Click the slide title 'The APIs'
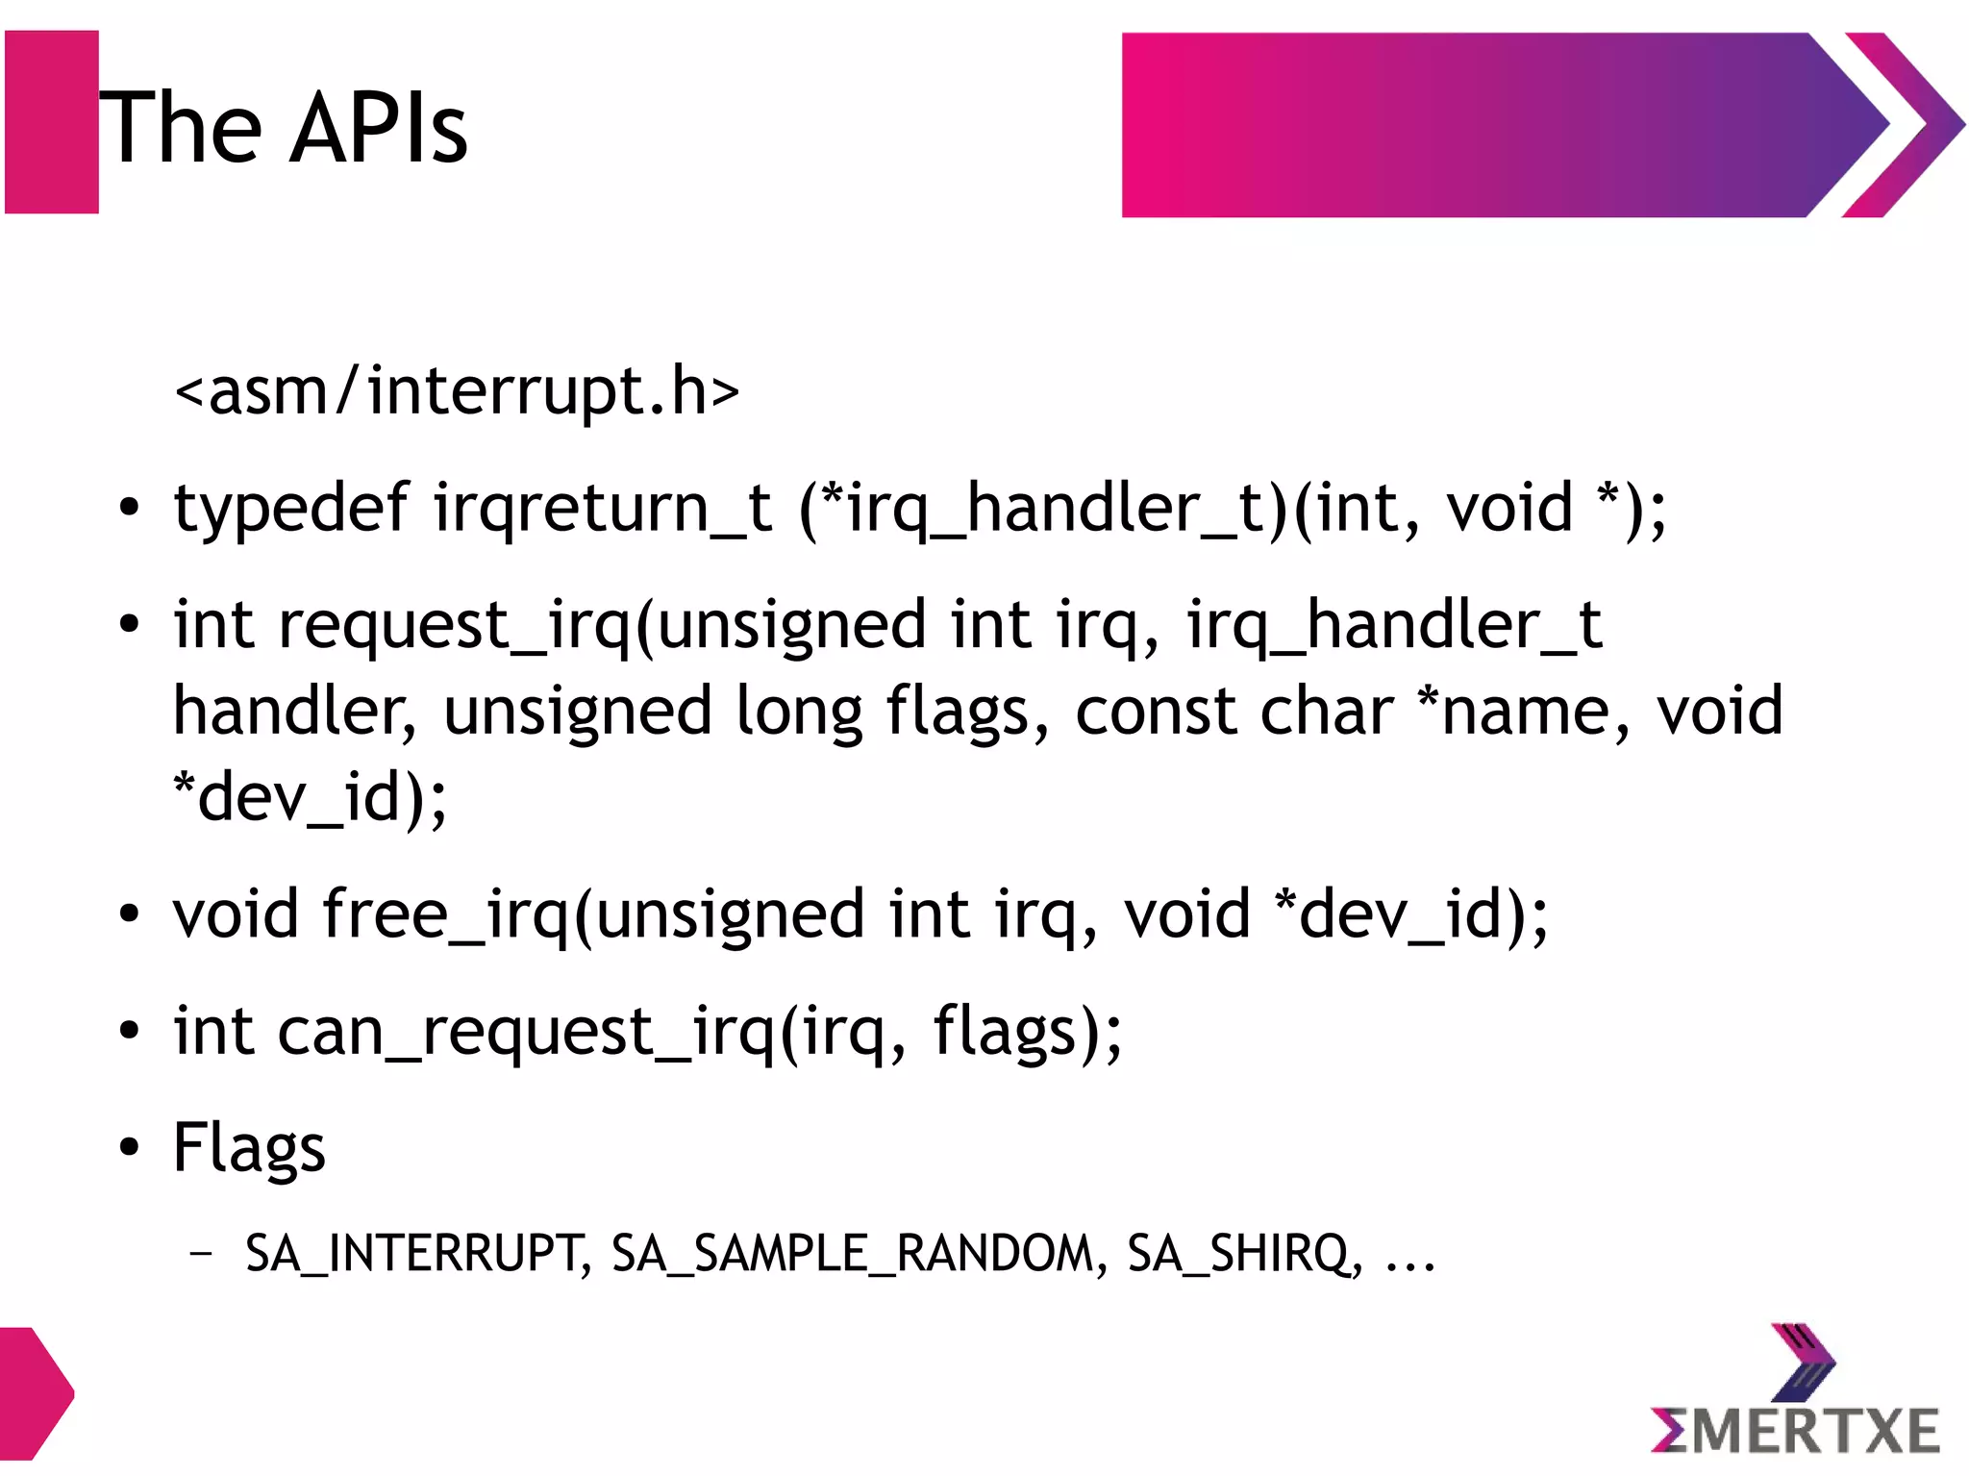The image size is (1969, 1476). click(283, 127)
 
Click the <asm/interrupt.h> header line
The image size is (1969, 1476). click(457, 391)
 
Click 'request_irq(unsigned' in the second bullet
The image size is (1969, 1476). click(602, 625)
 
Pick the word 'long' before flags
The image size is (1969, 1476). click(799, 712)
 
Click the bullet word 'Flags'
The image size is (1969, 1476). click(249, 1147)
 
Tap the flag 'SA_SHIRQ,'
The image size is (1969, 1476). click(1244, 1254)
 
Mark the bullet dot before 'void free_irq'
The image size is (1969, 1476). click(129, 914)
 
